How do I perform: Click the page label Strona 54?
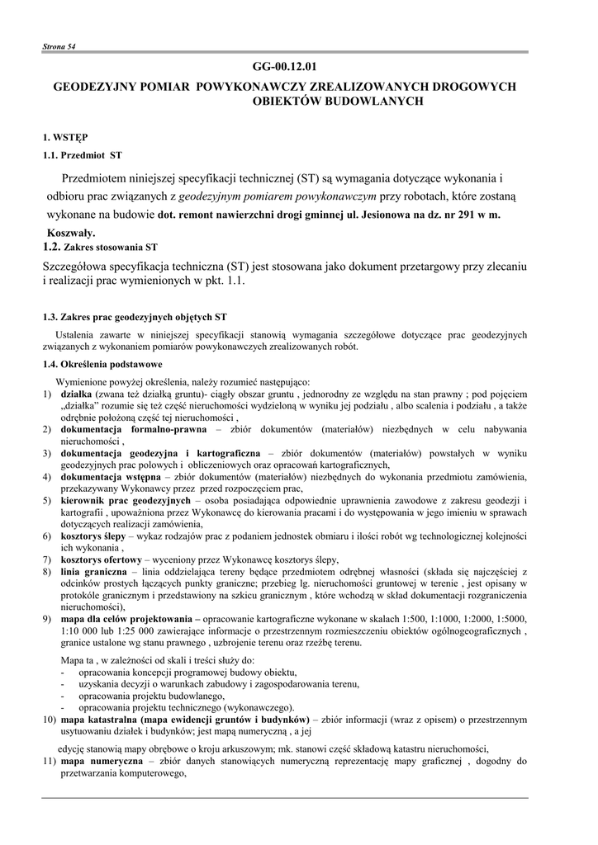(x=59, y=47)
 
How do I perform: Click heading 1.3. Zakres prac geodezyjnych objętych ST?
(x=135, y=317)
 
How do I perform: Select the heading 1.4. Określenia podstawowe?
(x=102, y=364)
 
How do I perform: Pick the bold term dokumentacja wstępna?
(x=110, y=477)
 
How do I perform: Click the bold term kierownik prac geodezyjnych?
(x=126, y=501)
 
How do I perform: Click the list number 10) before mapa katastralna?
(x=49, y=720)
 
